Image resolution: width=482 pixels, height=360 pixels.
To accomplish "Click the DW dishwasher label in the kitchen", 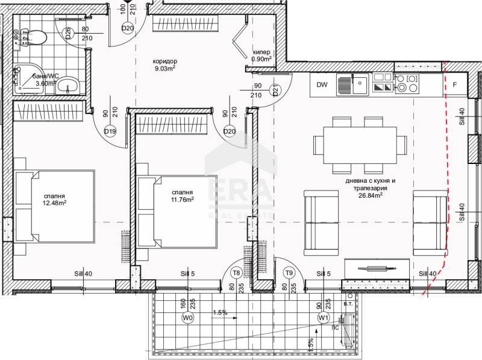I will pos(322,85).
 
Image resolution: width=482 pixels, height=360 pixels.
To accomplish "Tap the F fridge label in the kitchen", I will pos(455,85).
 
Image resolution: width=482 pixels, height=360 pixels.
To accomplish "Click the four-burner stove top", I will pos(407,84).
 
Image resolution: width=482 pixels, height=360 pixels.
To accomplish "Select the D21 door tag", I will pos(275,92).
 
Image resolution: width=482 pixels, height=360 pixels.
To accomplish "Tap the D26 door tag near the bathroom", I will pos(68,33).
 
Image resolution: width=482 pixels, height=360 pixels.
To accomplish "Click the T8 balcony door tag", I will pos(236,273).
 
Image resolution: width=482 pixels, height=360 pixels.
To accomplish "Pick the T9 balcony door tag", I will pos(289,273).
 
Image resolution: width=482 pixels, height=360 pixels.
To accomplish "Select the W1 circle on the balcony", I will pos(323,317).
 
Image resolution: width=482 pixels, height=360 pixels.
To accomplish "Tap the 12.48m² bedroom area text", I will pos(54,202).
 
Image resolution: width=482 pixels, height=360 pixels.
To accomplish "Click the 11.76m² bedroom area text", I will pos(181,199).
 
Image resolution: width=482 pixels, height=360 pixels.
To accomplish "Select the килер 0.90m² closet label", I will pos(261,55).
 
